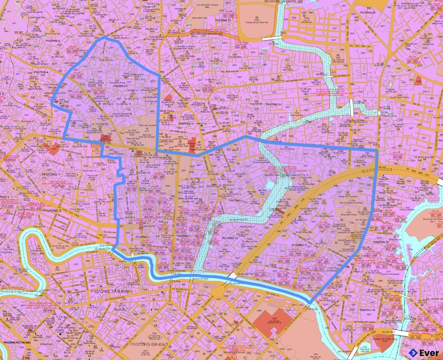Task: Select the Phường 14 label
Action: [186, 123]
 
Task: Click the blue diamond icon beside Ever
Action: [413, 351]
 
